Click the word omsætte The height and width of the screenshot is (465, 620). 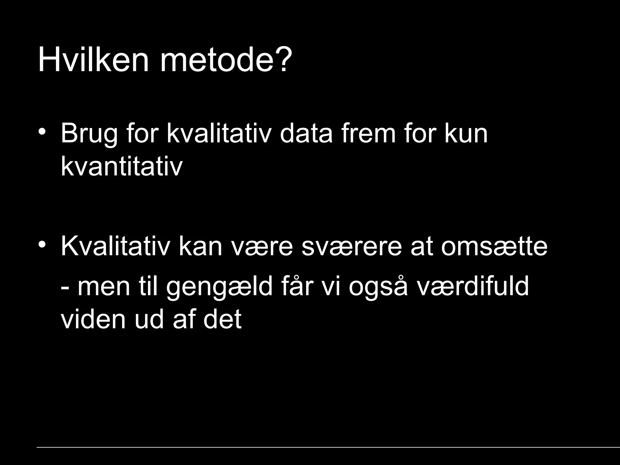point(494,247)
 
